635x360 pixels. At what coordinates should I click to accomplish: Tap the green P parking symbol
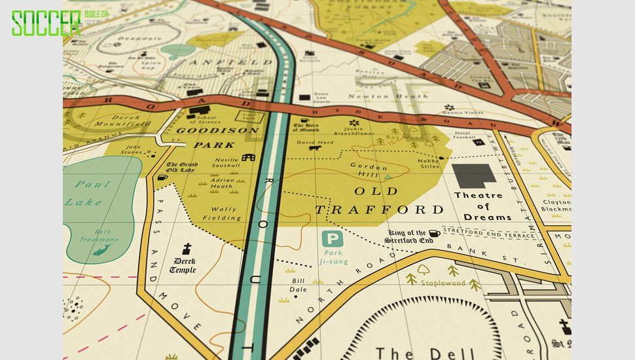332,240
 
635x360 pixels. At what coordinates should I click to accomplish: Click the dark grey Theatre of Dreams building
475,176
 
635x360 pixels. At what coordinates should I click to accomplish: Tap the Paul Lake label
88,193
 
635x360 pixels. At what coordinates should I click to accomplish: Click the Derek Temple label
183,266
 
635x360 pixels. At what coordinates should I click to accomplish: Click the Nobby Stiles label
429,163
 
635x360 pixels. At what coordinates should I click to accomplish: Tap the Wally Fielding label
221,213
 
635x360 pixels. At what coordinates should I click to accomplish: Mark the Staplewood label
443,283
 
